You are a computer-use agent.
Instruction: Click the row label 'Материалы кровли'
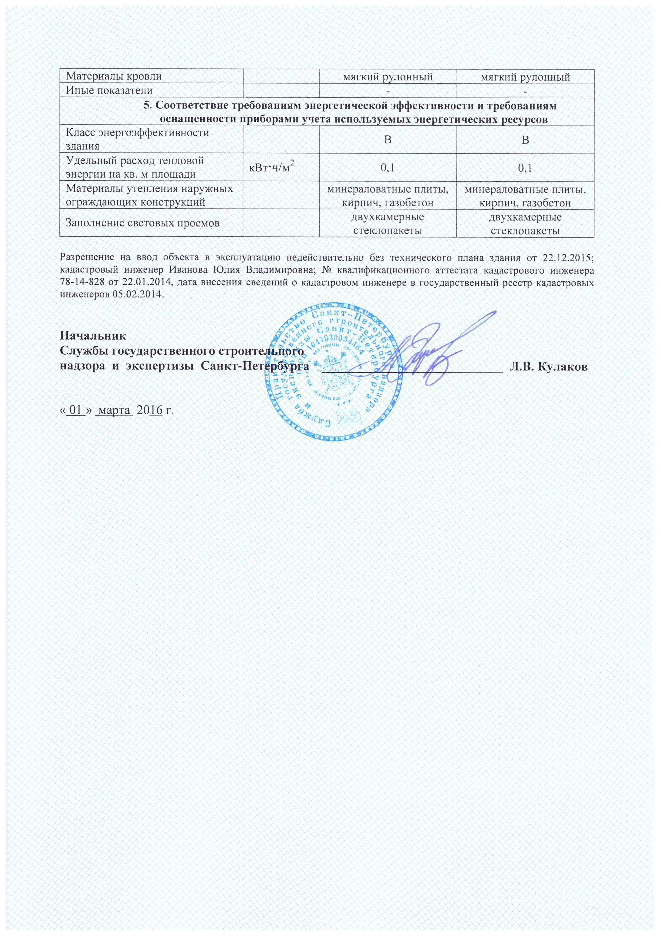tap(114, 76)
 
